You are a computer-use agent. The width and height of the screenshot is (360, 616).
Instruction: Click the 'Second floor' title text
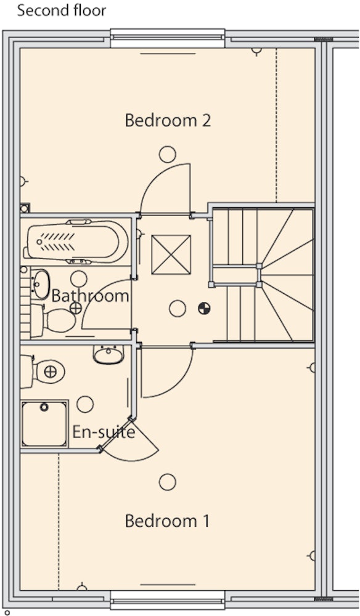pos(61,10)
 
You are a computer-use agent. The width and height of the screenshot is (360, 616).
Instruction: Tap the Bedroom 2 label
pos(168,120)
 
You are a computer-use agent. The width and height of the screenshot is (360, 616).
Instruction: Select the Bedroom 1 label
pos(167,521)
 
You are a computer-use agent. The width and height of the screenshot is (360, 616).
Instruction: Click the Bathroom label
pos(90,296)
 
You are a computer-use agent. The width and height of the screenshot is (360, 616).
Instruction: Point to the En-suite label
pos(104,432)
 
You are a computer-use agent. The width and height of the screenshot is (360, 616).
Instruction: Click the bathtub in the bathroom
pos(76,241)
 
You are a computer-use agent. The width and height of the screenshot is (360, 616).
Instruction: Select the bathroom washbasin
pos(40,283)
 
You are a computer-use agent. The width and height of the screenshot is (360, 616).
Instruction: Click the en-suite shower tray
pos(44,424)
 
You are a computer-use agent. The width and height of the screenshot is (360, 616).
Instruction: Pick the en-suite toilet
pos(43,371)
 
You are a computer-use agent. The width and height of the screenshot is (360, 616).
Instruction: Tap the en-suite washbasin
pos(108,354)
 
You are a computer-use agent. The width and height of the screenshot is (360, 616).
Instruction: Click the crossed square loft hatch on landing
pos(171,254)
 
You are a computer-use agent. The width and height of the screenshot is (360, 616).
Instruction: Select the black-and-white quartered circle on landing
pos(204,309)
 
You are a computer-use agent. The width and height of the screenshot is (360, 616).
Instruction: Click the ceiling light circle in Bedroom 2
pos(168,155)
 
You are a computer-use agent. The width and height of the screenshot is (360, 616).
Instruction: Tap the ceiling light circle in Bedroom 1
pos(168,482)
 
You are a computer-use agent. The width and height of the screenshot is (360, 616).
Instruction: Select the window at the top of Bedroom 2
pos(168,38)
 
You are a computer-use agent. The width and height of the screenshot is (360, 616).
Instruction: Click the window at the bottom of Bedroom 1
pos(168,599)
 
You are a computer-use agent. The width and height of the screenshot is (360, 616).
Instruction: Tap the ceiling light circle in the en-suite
pos(85,404)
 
